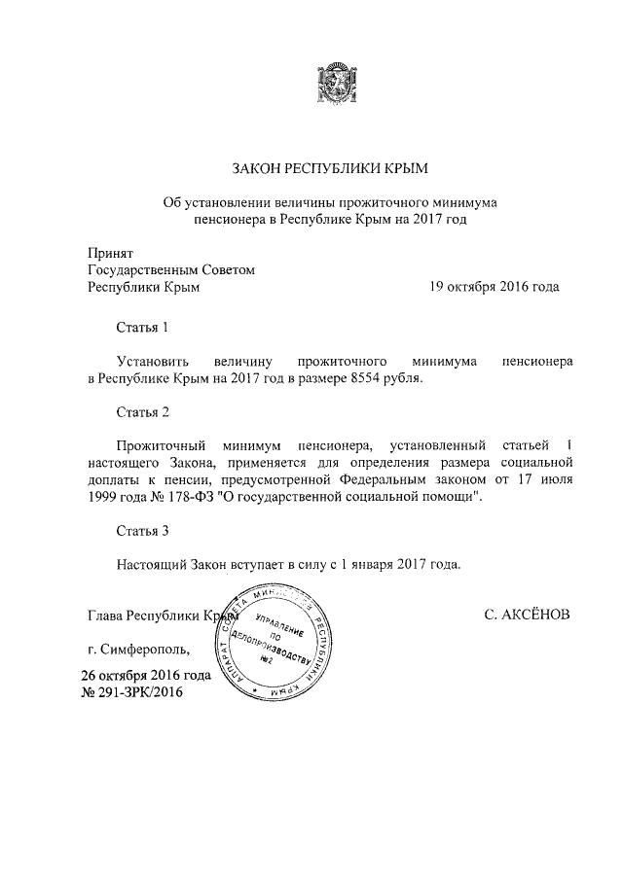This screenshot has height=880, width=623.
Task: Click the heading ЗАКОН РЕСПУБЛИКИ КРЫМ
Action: pos(329,169)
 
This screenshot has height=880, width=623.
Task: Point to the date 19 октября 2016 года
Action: pos(495,287)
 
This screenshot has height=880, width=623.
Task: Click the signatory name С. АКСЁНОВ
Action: pos(527,616)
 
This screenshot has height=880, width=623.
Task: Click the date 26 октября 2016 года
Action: pos(146,675)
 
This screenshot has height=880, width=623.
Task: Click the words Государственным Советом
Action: pos(171,269)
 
